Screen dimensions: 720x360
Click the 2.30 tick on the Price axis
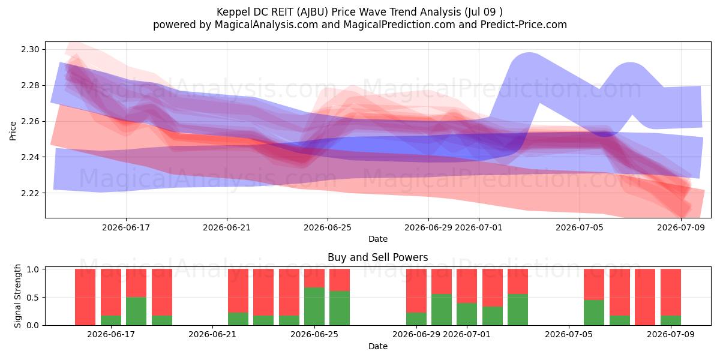point(30,49)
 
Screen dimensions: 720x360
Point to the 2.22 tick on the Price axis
point(30,193)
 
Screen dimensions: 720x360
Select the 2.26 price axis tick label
point(30,121)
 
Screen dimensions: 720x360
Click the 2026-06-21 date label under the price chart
point(227,227)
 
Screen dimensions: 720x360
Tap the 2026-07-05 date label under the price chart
point(580,227)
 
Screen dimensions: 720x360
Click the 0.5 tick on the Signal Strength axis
point(33,298)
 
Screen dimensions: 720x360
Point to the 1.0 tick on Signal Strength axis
point(33,269)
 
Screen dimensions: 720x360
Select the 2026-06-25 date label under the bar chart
point(314,335)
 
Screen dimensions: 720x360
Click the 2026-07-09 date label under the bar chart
point(671,335)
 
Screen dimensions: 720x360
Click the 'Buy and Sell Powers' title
point(377,257)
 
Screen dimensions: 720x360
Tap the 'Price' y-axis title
point(13,131)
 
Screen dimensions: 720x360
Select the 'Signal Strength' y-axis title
point(17,296)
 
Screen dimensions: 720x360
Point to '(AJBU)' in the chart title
point(313,12)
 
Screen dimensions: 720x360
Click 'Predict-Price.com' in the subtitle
point(524,25)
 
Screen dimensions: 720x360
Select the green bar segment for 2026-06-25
point(314,307)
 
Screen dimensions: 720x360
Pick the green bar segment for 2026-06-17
point(111,320)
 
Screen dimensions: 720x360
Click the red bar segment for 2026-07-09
point(671,292)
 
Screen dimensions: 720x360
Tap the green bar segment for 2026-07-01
point(467,314)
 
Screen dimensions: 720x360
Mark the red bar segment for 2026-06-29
point(416,291)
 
